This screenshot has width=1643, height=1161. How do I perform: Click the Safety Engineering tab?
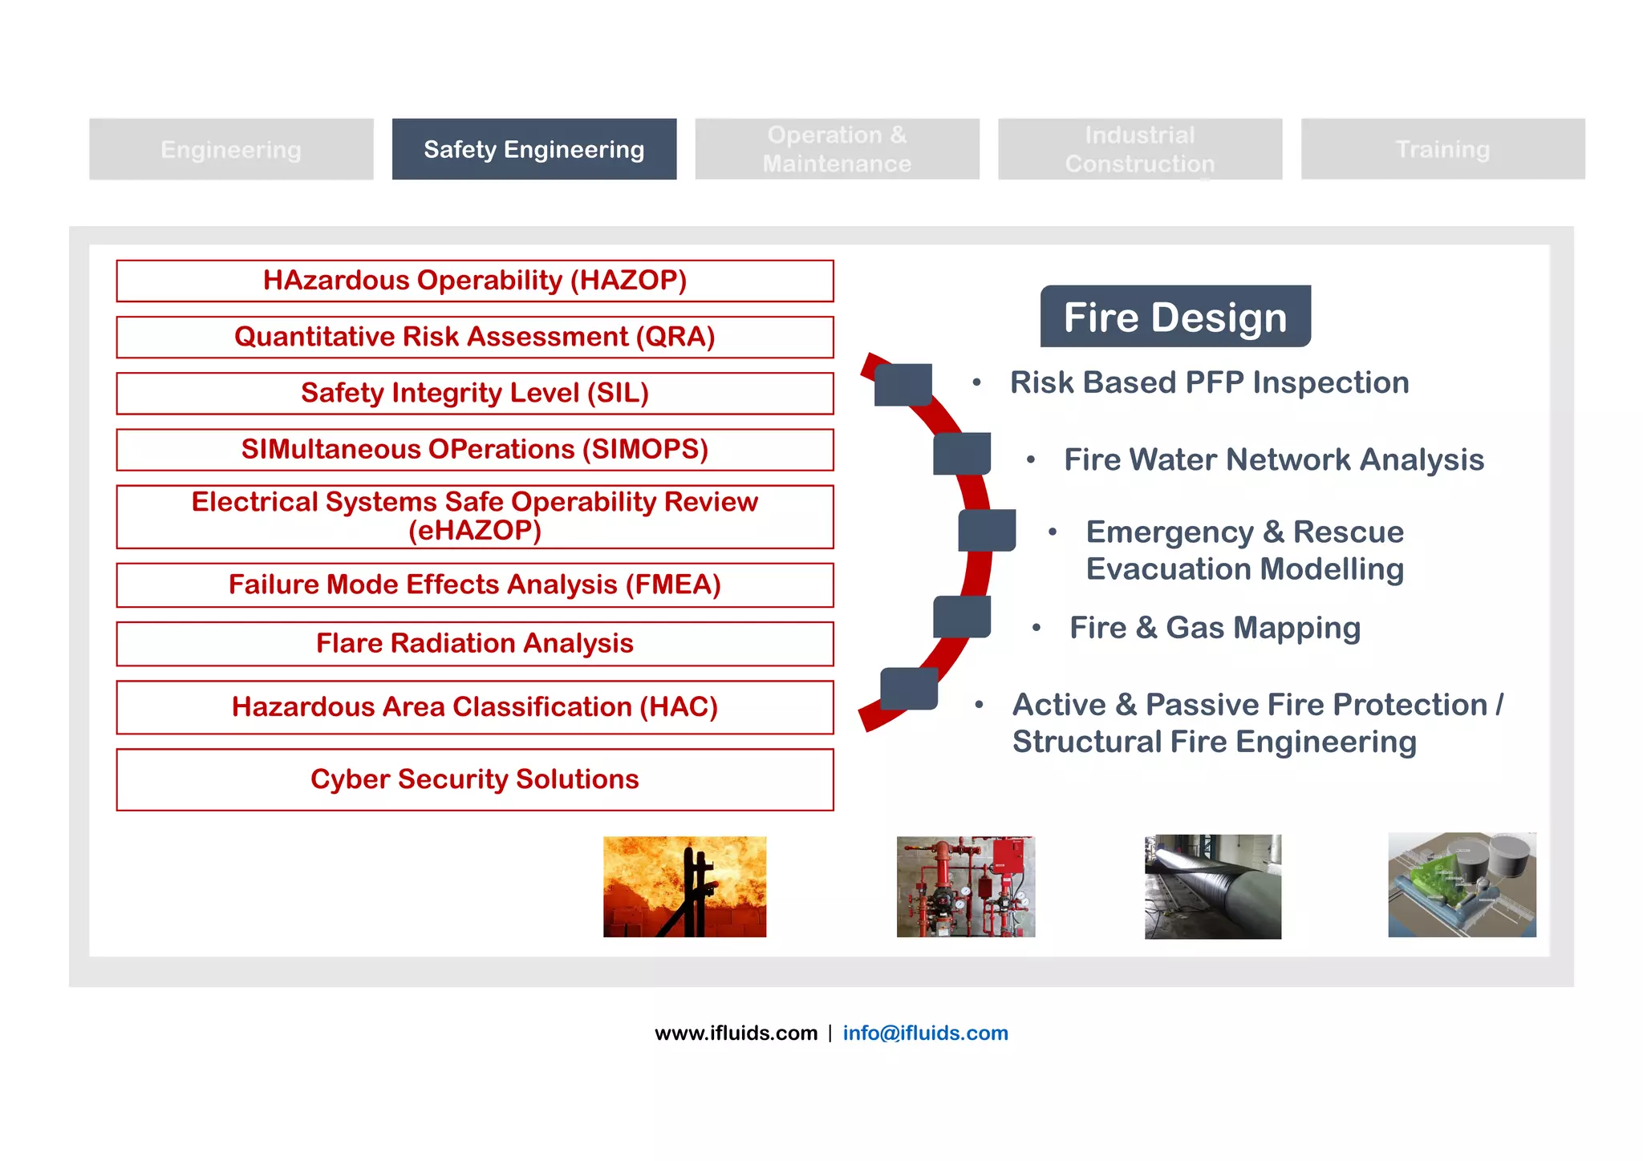point(533,149)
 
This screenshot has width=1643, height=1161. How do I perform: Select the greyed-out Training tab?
point(1442,149)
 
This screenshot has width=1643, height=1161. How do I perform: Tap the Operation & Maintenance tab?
point(837,149)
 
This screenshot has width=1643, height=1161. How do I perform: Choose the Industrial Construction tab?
point(1139,149)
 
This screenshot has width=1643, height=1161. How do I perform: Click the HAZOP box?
point(475,281)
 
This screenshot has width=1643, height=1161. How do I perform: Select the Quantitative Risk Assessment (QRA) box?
point(475,337)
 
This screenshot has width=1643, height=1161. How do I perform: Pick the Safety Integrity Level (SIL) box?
point(475,393)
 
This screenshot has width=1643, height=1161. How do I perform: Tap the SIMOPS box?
point(475,449)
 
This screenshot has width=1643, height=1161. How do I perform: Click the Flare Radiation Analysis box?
point(475,644)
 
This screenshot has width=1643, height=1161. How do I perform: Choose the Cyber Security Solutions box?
point(475,779)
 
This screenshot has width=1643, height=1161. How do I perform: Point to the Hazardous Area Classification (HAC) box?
point(475,707)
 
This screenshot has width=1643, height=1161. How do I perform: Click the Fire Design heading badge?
point(1175,317)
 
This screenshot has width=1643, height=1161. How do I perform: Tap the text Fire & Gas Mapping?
point(1215,628)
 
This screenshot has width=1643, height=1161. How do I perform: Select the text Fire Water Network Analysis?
point(1274,459)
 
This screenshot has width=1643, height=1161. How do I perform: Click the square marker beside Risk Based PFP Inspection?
point(903,384)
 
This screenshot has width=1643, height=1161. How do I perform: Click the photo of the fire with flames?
point(684,887)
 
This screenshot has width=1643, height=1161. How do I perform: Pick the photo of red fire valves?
point(966,887)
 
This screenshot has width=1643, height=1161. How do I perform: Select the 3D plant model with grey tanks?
point(1462,884)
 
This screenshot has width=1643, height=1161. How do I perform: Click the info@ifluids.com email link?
point(925,1033)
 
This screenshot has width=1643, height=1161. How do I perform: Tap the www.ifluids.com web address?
point(736,1033)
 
